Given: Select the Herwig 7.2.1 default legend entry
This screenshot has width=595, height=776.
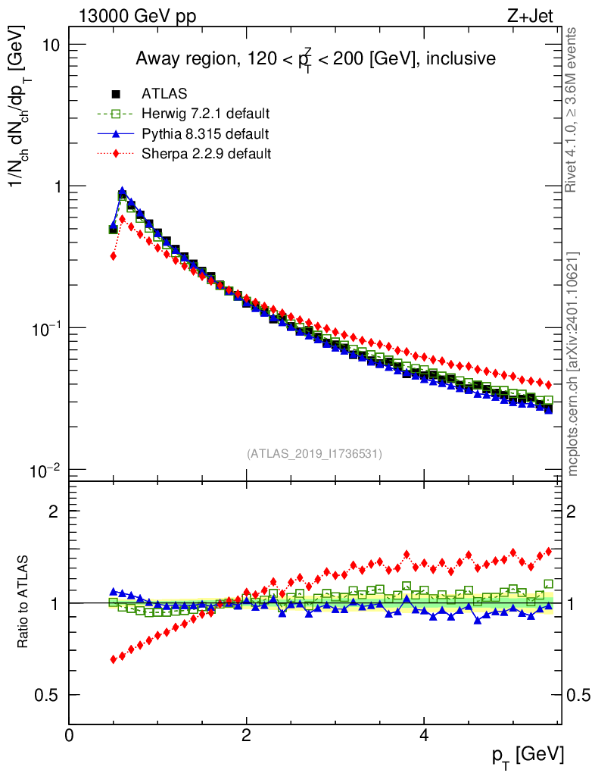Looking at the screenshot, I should coord(206,114).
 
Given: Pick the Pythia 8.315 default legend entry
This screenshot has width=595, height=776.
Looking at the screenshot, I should coord(204,134).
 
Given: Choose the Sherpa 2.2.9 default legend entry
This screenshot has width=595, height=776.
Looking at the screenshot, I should coord(206,154).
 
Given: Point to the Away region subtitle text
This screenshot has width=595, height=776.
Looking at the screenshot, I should coord(315,59).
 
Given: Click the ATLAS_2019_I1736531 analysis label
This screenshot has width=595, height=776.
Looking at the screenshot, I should coord(314,454).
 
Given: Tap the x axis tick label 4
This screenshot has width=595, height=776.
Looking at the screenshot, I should coord(424,734).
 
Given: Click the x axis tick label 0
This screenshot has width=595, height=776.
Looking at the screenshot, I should coord(69,734).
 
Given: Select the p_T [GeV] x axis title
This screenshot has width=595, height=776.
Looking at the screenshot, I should coord(527,755).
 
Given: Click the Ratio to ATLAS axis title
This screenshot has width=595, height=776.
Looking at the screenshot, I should coord(25,603).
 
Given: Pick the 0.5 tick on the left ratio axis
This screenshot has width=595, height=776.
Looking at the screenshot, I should coord(49,695).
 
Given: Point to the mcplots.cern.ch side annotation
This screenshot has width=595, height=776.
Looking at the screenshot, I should coord(572,364).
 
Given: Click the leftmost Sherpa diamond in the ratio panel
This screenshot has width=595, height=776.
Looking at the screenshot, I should coord(114,659).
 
